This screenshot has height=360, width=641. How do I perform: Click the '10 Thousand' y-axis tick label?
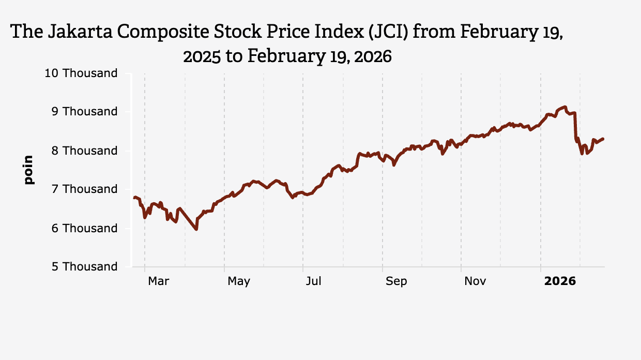click(x=81, y=73)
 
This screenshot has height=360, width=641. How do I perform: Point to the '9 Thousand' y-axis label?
click(x=85, y=112)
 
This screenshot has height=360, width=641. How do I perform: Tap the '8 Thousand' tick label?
click(x=85, y=151)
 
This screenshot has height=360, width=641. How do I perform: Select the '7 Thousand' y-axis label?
click(x=85, y=189)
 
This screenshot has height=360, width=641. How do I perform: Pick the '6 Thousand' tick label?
click(x=85, y=228)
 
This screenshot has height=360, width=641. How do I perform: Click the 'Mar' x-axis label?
click(x=158, y=281)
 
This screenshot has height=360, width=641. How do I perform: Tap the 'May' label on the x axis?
click(x=239, y=281)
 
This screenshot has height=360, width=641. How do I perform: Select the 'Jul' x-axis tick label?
click(x=313, y=281)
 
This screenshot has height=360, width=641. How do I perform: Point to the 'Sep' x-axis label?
click(x=396, y=281)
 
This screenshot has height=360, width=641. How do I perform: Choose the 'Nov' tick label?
click(x=475, y=281)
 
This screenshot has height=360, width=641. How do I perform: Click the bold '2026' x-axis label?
click(x=560, y=281)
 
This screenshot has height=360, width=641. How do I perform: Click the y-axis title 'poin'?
click(x=28, y=170)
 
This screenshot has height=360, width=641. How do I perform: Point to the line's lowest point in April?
click(x=196, y=229)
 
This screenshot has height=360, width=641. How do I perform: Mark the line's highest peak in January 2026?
click(x=566, y=107)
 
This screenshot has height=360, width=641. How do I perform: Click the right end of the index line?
click(x=604, y=139)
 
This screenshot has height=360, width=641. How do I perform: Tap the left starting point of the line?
click(x=134, y=198)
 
